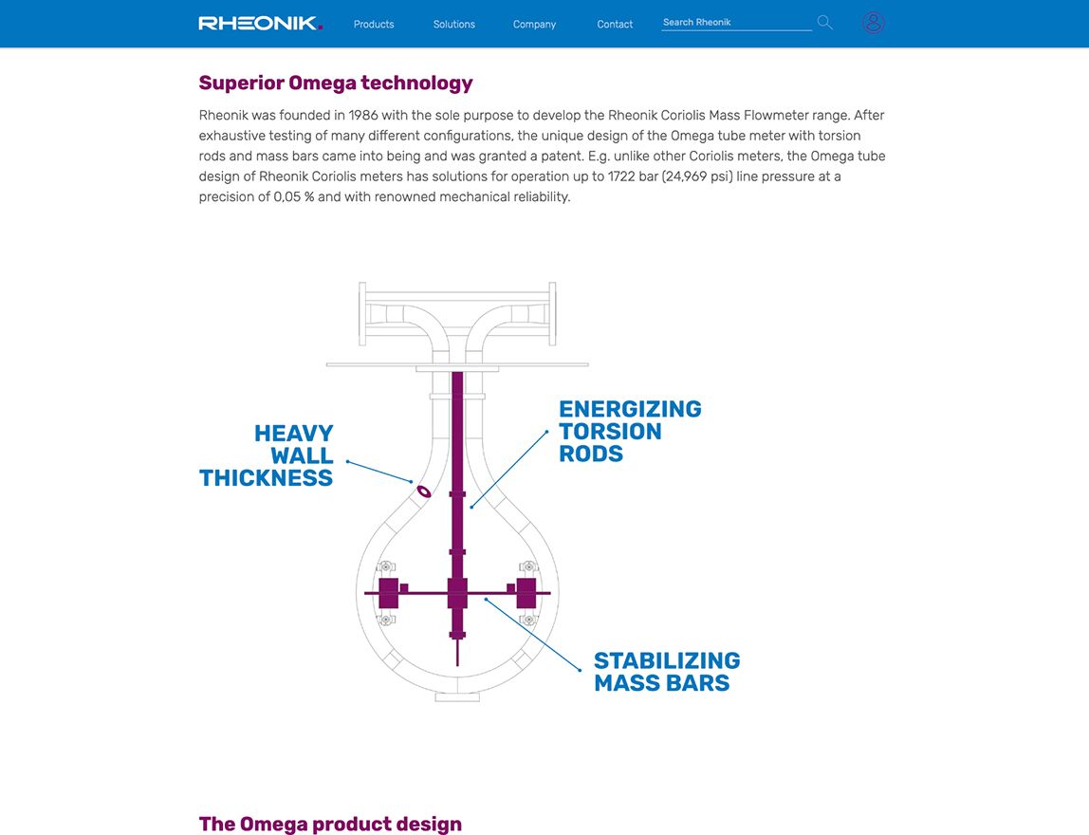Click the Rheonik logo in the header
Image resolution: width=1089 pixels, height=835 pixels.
tap(260, 23)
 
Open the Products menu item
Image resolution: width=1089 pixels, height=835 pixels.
tap(374, 24)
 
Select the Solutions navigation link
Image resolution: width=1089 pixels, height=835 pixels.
tap(454, 24)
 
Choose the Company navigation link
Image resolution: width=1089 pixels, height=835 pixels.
tap(534, 24)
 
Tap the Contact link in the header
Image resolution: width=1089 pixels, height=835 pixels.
tap(615, 24)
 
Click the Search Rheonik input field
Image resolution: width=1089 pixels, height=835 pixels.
tap(736, 22)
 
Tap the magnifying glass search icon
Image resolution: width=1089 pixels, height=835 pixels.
tap(824, 22)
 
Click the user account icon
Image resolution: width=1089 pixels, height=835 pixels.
tap(874, 23)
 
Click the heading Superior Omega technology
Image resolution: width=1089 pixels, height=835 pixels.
tap(336, 83)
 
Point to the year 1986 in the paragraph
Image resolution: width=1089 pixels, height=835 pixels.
tap(363, 115)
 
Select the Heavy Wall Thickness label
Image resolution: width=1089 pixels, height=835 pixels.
tap(268, 455)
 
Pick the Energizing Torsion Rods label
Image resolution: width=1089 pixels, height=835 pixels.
tap(630, 431)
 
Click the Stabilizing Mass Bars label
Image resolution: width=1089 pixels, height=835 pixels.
tap(667, 671)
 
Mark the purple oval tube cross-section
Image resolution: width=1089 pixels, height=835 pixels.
tap(423, 492)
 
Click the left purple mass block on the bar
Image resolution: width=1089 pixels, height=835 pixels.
tap(388, 593)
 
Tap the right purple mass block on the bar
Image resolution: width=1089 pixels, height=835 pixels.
tap(526, 593)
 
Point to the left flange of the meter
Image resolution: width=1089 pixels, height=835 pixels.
tap(363, 313)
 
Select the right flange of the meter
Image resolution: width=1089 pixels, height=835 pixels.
tap(551, 313)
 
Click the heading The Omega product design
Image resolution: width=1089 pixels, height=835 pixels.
tap(330, 823)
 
